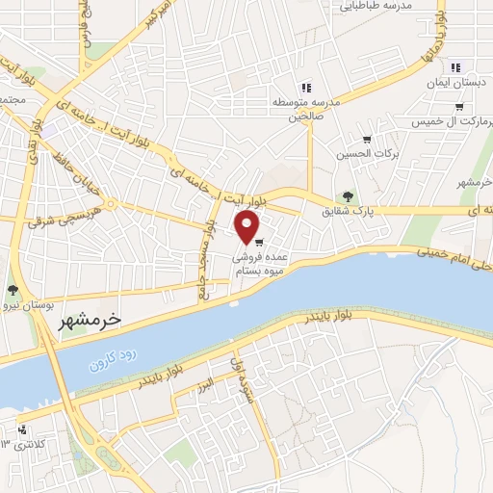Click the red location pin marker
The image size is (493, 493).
pyautogui.click(x=247, y=227)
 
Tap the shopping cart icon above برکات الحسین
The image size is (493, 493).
pyautogui.click(x=367, y=140)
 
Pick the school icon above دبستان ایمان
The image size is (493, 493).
pyautogui.click(x=455, y=66)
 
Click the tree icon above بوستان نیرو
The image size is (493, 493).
pyautogui.click(x=13, y=290)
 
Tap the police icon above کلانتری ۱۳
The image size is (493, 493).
pyautogui.click(x=22, y=430)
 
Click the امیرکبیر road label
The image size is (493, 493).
pyautogui.click(x=158, y=15)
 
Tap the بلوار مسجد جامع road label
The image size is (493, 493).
pyautogui.click(x=206, y=260)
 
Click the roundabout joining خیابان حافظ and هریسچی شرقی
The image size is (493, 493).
pyautogui.click(x=113, y=203)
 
